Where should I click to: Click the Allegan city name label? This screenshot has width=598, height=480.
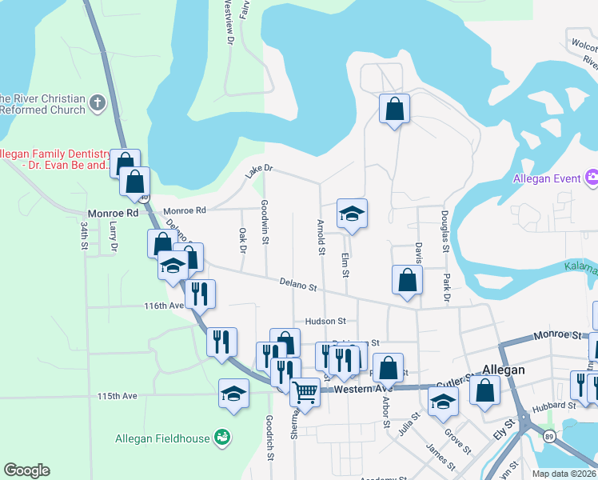(x=504, y=370)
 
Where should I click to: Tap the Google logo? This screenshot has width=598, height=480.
(x=26, y=470)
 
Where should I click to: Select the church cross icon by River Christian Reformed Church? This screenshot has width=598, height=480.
(x=97, y=102)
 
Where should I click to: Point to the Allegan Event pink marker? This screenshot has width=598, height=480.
(x=592, y=177)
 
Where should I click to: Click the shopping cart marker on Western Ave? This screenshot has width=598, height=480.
(x=305, y=392)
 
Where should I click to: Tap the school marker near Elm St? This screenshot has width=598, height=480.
(x=352, y=214)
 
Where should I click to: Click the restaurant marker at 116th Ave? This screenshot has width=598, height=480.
(x=199, y=294)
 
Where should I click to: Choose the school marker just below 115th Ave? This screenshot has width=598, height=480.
(x=233, y=394)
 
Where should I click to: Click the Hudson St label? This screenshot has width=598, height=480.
(x=325, y=321)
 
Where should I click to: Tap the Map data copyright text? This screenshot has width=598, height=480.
(x=570, y=474)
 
